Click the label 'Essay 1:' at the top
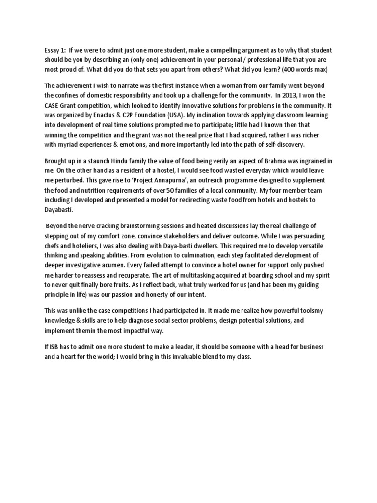(x=52, y=51)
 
